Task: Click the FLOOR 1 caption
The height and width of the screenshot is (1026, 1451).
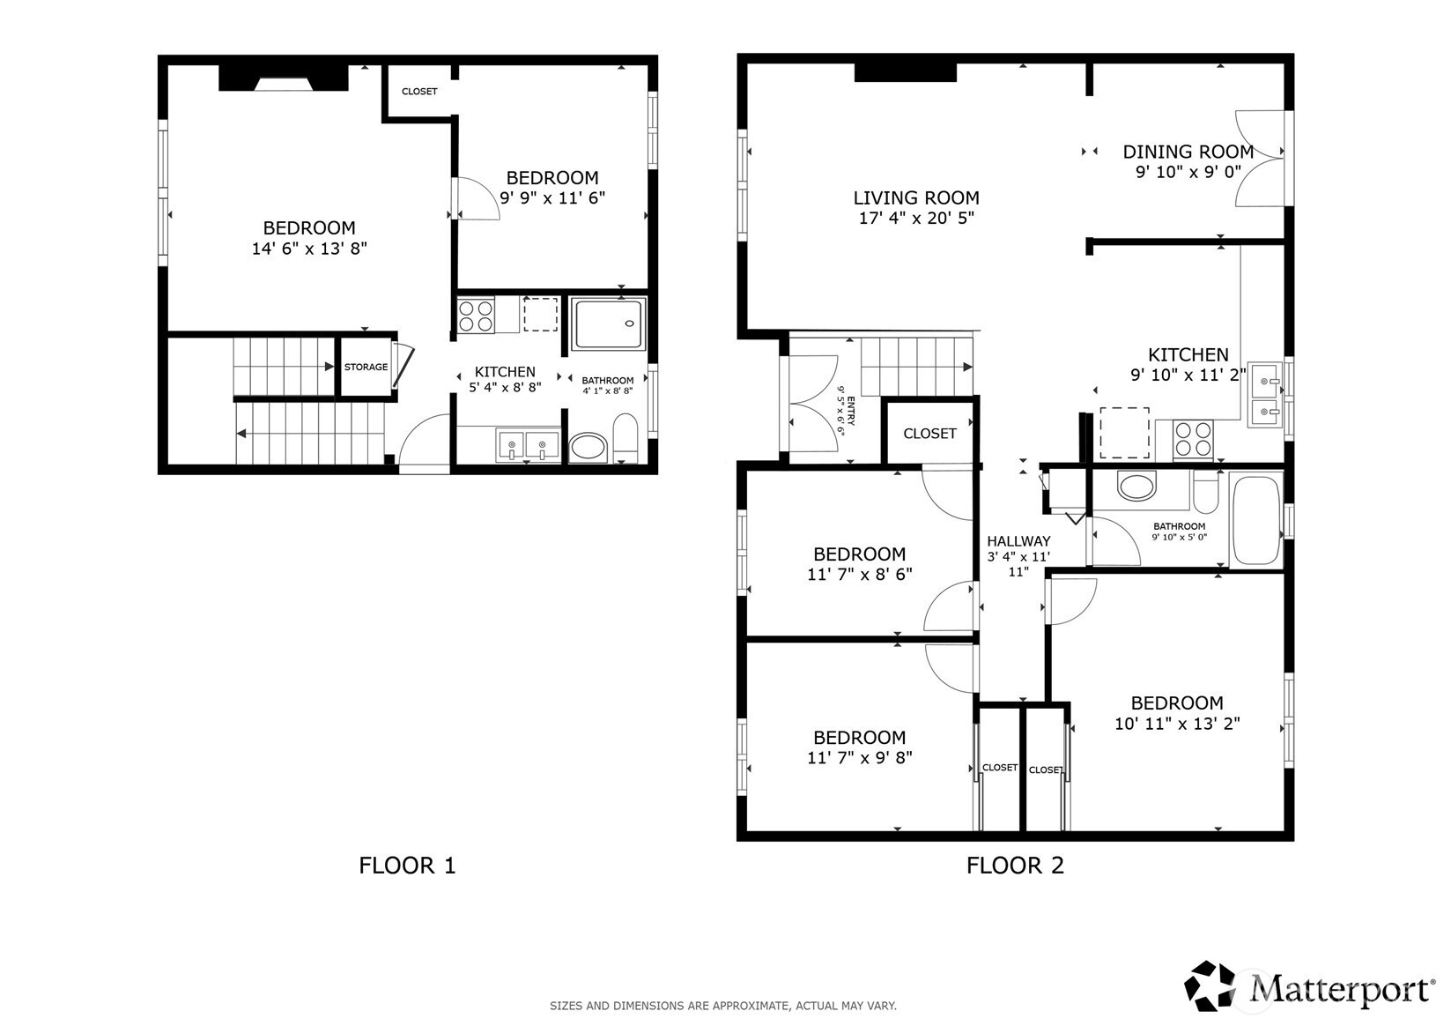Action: pos(407,866)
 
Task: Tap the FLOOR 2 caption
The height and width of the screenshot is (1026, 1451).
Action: pos(1015,866)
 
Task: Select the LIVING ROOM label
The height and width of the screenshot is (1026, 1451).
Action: pos(916,197)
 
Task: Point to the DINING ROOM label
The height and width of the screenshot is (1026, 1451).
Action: pos(1188,152)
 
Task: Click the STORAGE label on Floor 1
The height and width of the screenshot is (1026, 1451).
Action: pos(366,367)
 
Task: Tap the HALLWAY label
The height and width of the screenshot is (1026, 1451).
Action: pos(1018,541)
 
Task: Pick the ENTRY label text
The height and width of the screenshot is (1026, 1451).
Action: pos(850,411)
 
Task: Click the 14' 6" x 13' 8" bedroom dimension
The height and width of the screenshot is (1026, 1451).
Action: pos(309,249)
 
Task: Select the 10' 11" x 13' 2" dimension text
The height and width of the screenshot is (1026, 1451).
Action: pos(1177,724)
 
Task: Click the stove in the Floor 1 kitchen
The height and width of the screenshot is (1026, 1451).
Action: pos(476,316)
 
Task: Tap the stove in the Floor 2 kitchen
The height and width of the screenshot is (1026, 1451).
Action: pos(1194,440)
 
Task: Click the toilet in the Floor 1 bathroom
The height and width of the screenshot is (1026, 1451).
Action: pos(626,438)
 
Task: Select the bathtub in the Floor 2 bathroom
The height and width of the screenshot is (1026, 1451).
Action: pos(1256,519)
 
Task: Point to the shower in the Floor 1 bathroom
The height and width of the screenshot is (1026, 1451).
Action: pos(608,323)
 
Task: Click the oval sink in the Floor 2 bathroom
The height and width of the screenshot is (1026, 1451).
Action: pos(1136,487)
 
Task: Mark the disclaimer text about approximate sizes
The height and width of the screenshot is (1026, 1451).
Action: pos(723,1006)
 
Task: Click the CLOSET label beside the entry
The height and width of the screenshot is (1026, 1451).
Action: pos(929,434)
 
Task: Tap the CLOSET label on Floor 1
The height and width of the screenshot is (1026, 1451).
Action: pos(419,92)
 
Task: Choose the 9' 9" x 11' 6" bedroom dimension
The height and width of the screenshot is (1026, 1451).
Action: pos(552,197)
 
